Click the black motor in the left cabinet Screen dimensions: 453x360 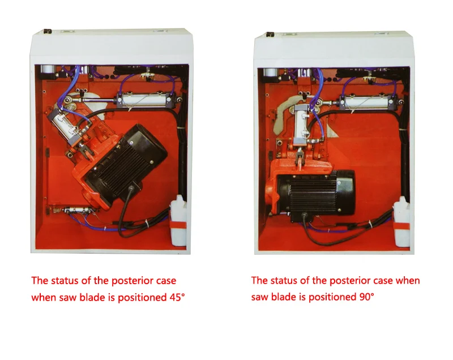(x=127, y=164)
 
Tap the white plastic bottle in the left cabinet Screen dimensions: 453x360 (x=178, y=221)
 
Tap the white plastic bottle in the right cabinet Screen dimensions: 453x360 (x=402, y=221)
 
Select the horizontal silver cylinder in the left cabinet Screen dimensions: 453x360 (x=147, y=100)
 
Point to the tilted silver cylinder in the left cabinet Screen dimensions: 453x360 (x=65, y=127)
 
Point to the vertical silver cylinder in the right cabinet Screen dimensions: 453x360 (x=302, y=125)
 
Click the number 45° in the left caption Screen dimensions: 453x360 (x=177, y=297)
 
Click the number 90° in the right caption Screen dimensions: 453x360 (x=366, y=297)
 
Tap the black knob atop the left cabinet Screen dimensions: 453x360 (x=48, y=31)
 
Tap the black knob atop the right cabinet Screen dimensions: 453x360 (x=270, y=35)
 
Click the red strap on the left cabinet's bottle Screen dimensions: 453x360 (x=178, y=225)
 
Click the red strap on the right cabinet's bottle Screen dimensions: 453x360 (x=402, y=226)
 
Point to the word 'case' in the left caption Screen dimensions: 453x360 (x=166, y=281)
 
